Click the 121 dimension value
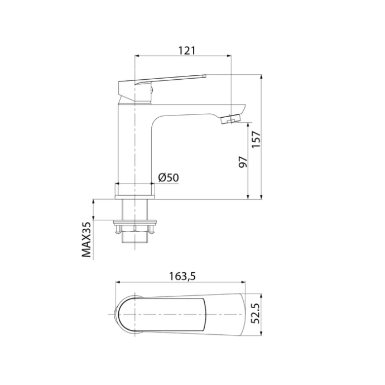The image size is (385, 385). click(x=187, y=50)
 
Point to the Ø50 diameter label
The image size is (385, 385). click(x=168, y=177)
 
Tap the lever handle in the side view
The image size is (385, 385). click(x=173, y=79)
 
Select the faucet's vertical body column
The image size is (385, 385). click(x=134, y=145)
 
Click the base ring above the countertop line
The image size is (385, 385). click(x=134, y=190)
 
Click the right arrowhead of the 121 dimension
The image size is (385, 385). click(x=229, y=56)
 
